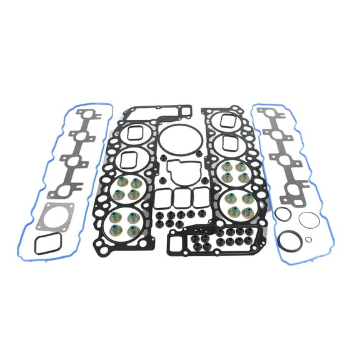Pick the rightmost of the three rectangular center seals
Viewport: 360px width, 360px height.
[x=200, y=198]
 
